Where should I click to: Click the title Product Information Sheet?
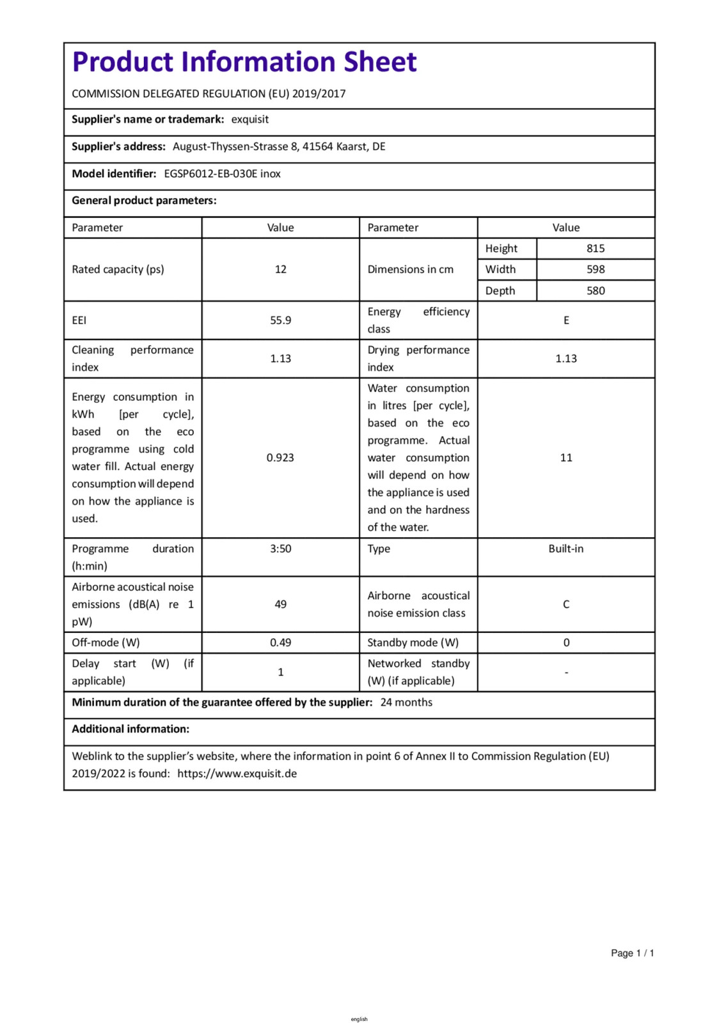tap(244, 62)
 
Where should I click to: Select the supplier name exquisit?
tap(249, 120)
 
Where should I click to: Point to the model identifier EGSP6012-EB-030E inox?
tap(222, 174)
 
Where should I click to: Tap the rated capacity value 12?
tap(280, 269)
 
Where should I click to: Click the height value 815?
tap(596, 249)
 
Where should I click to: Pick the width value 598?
tap(596, 270)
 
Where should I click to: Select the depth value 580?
tap(596, 291)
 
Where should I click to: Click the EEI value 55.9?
tap(280, 320)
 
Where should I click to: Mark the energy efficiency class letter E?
tap(566, 320)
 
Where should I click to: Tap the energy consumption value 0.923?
tap(280, 458)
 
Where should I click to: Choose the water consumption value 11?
tap(566, 458)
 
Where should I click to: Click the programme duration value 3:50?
tap(280, 549)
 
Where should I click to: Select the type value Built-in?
tap(566, 549)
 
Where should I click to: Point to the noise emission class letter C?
tap(566, 604)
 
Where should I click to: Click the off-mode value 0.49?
tap(280, 643)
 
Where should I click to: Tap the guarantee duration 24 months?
tap(406, 703)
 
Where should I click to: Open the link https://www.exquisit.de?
tap(237, 774)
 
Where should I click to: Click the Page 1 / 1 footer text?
tap(632, 953)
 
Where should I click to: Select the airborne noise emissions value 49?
tap(280, 604)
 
